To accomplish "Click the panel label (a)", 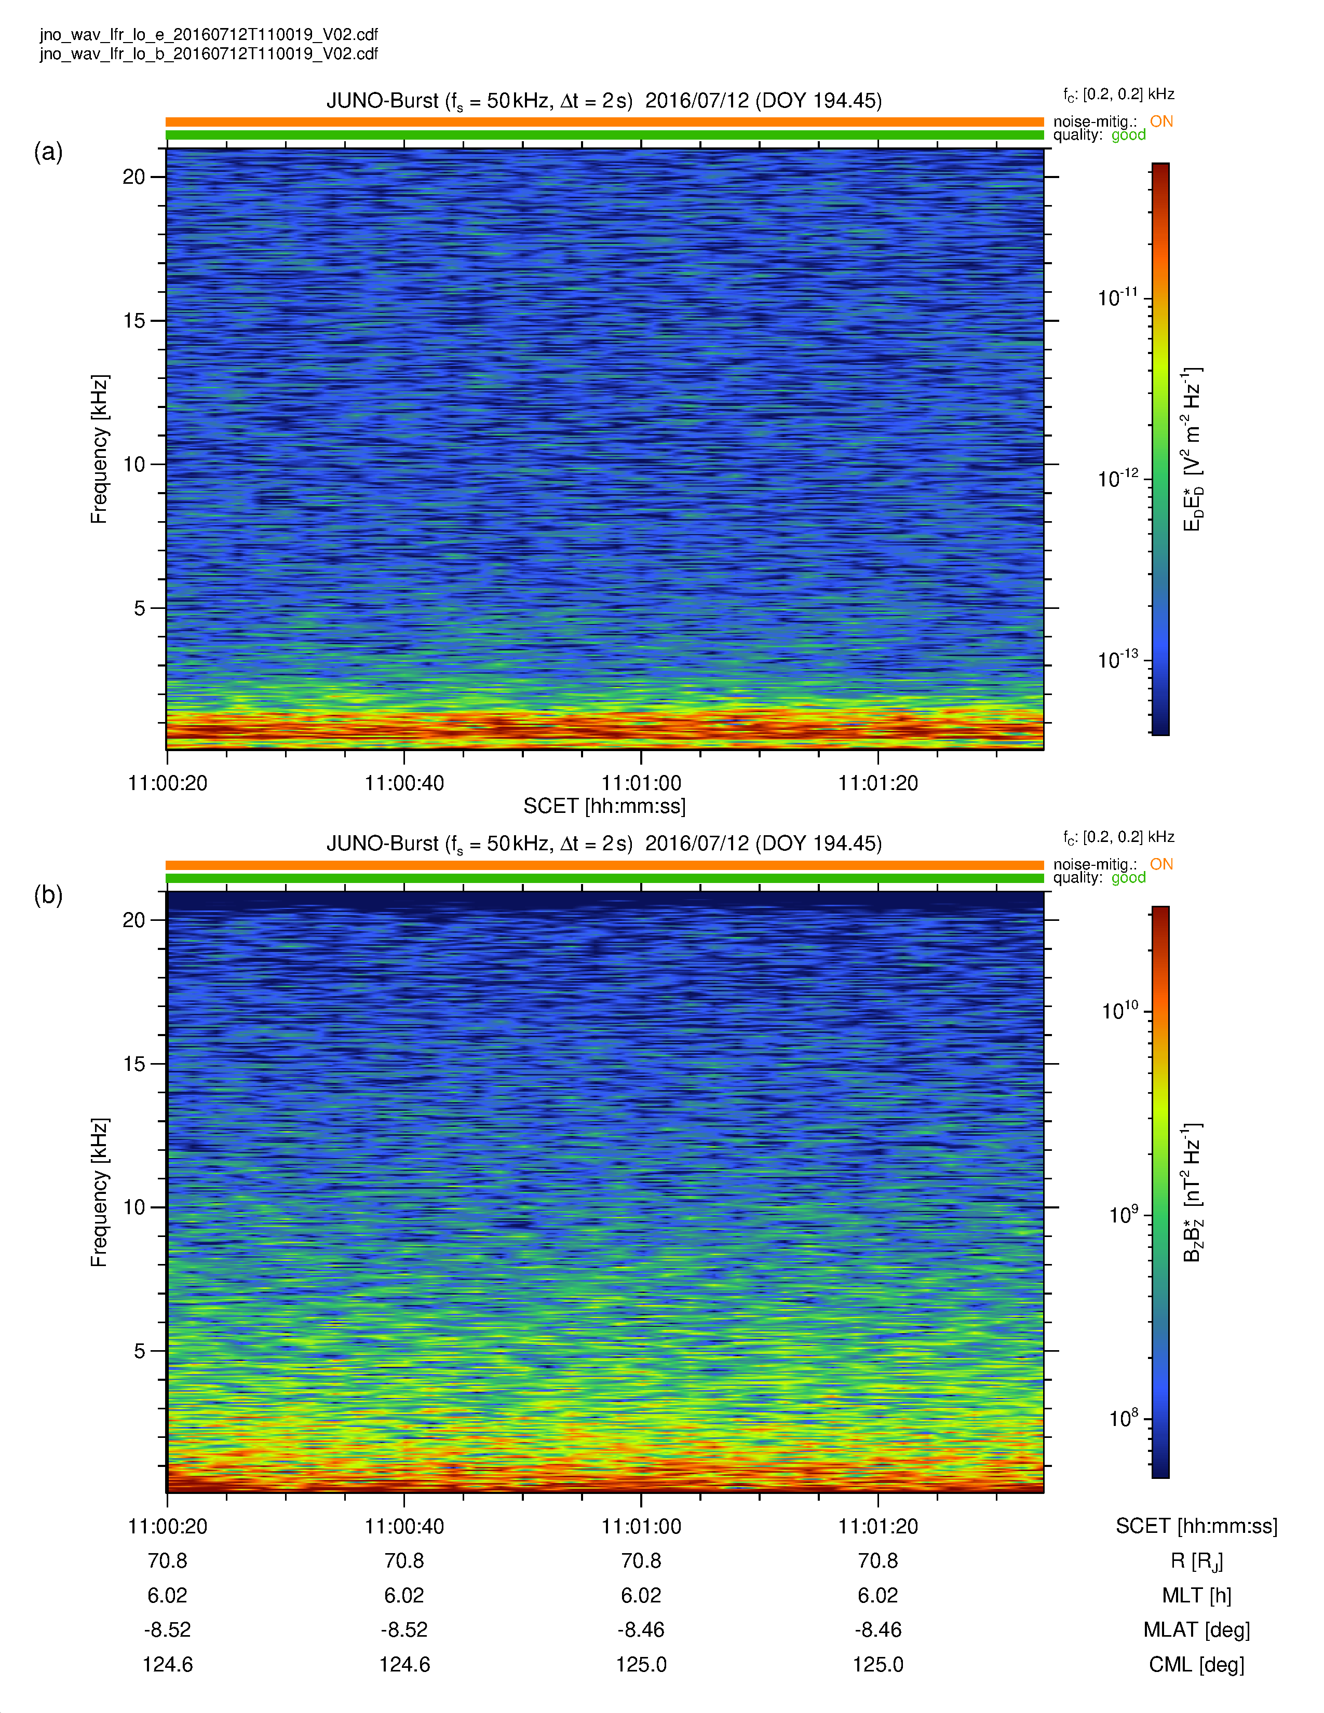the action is tap(48, 152).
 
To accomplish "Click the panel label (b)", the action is tap(48, 894).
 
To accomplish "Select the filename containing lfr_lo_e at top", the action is tap(209, 34).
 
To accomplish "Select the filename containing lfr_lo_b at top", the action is tap(209, 53).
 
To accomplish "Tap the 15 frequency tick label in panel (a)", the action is tap(134, 321).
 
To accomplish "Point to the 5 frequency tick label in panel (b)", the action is tap(140, 1351).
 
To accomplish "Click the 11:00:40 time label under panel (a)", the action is tap(404, 783).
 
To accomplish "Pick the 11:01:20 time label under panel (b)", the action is tap(877, 1526).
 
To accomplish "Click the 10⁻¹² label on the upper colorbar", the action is tap(1117, 478).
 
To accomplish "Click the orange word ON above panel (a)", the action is tap(1161, 121).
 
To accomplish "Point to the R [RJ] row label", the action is tap(1196, 1561).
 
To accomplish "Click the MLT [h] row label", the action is tap(1196, 1595).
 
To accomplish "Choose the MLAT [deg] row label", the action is tap(1196, 1630).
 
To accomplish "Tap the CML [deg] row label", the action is tap(1196, 1664).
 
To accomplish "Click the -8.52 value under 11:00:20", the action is tap(167, 1630).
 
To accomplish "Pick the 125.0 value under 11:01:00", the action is tap(641, 1664).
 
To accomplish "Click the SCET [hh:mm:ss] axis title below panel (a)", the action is tap(604, 806).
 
